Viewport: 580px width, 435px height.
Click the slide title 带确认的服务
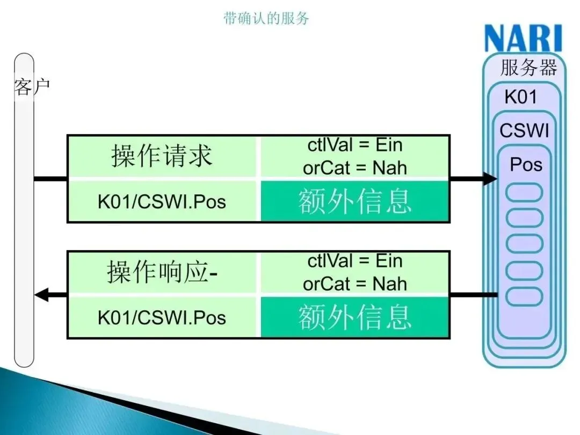coord(266,18)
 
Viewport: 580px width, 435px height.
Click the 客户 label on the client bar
coord(32,86)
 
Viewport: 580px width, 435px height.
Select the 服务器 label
coord(528,68)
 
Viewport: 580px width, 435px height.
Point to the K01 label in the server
coord(520,97)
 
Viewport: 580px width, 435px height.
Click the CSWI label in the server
coord(524,130)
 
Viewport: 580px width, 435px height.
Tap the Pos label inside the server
coord(526,164)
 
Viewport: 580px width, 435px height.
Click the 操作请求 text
coord(162,156)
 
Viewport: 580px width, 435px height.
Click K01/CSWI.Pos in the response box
coord(162,317)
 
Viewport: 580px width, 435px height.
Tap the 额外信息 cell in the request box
coord(354,201)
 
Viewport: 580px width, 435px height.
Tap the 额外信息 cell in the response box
coord(354,317)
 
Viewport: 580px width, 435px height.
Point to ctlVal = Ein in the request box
coord(354,145)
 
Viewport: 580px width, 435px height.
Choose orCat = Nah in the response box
coord(354,284)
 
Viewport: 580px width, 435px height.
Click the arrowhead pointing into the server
coord(490,178)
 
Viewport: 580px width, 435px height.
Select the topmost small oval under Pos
coord(525,192)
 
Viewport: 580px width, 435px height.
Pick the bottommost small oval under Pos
coord(525,296)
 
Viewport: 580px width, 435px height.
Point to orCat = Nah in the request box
coord(354,168)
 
